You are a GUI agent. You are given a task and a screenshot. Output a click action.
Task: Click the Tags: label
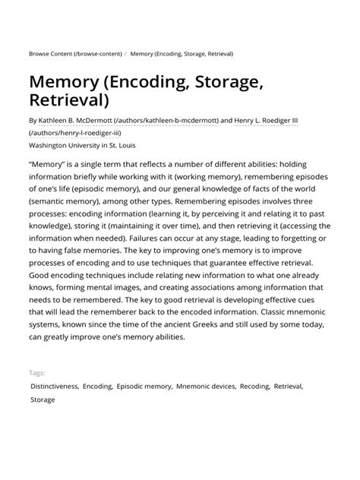pos(37,373)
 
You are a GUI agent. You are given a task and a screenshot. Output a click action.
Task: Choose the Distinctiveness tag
pos(53,386)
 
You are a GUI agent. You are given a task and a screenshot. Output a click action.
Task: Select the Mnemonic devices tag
pos(204,386)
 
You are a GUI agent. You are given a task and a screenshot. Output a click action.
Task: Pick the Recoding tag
pos(254,386)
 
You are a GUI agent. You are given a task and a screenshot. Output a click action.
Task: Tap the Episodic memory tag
pos(144,386)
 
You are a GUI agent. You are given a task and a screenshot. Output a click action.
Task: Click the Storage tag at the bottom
pos(43,399)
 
